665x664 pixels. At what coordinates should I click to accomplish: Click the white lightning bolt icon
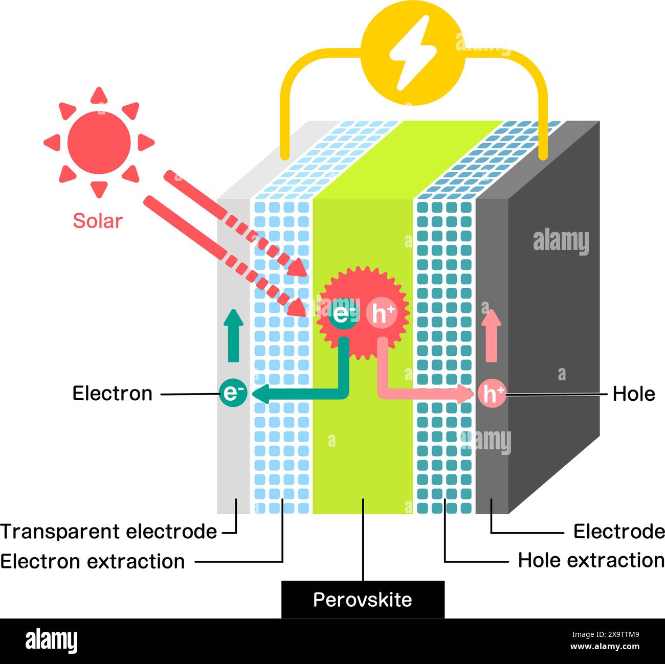click(x=412, y=52)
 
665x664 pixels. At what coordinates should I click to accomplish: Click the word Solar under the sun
click(x=98, y=221)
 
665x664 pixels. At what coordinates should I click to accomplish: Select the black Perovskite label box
click(x=363, y=600)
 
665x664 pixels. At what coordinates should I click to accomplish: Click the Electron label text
click(x=113, y=394)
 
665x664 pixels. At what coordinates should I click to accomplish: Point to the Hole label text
click(x=634, y=394)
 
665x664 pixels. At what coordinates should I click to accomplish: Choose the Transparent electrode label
click(x=109, y=532)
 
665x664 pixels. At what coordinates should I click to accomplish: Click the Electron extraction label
click(x=93, y=561)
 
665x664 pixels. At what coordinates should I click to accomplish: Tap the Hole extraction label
click(x=591, y=560)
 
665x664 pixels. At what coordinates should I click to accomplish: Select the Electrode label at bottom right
click(x=618, y=532)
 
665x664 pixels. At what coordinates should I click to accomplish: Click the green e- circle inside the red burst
click(x=344, y=314)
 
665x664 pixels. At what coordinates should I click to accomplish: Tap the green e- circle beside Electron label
click(x=234, y=393)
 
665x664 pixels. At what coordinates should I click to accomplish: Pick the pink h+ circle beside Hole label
click(x=492, y=394)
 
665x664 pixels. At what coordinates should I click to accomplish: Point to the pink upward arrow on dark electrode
click(x=492, y=336)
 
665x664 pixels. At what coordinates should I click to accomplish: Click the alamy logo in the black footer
click(x=51, y=641)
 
